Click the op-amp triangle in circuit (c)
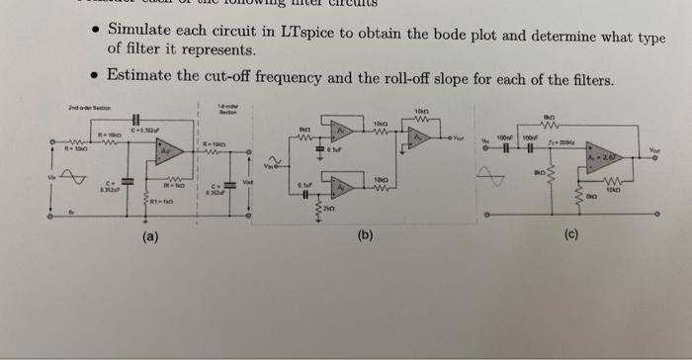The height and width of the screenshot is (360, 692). point(603,158)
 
